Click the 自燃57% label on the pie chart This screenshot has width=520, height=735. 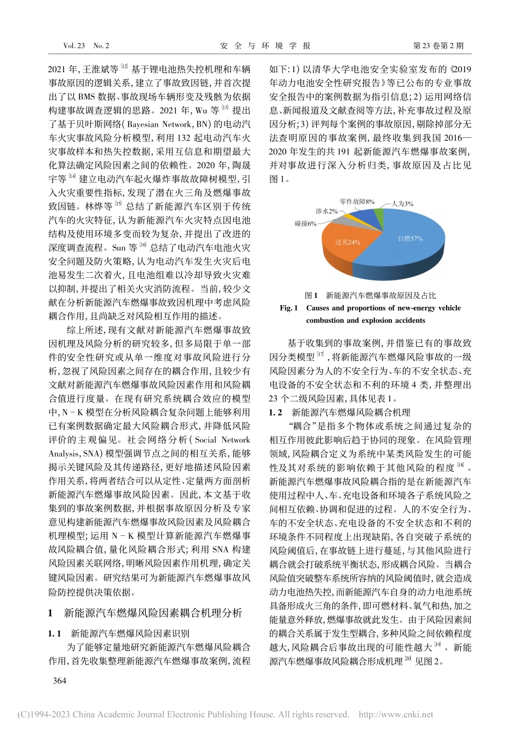pyautogui.click(x=410, y=238)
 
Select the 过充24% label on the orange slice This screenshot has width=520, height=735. pyautogui.click(x=348, y=242)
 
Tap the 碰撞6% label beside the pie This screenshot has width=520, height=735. pyautogui.click(x=305, y=224)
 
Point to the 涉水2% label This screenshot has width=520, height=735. pyautogui.click(x=326, y=211)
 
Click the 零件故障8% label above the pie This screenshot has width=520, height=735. pyautogui.click(x=357, y=202)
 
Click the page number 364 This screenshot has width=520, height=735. pyautogui.click(x=59, y=680)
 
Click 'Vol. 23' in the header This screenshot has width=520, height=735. pyautogui.click(x=74, y=46)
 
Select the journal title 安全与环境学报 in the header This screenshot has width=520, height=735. pyautogui.click(x=265, y=46)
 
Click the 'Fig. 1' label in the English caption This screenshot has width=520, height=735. pyautogui.click(x=288, y=308)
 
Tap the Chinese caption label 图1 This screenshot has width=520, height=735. pyautogui.click(x=311, y=295)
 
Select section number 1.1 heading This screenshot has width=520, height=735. pyautogui.click(x=55, y=633)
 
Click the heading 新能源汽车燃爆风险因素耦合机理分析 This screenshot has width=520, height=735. pyautogui.click(x=153, y=613)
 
